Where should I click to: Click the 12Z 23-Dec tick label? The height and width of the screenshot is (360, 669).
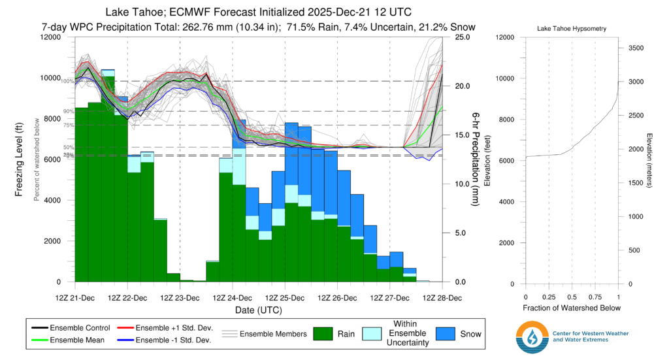(x=180, y=297)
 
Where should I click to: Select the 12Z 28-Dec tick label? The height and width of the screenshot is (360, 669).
(x=442, y=297)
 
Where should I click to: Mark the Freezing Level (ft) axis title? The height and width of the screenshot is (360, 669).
(x=20, y=159)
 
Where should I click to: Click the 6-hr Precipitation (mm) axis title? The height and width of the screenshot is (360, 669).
(x=475, y=159)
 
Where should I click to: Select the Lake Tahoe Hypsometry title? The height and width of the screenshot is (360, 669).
(x=571, y=29)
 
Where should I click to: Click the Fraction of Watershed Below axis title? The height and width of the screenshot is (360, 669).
(x=571, y=308)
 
